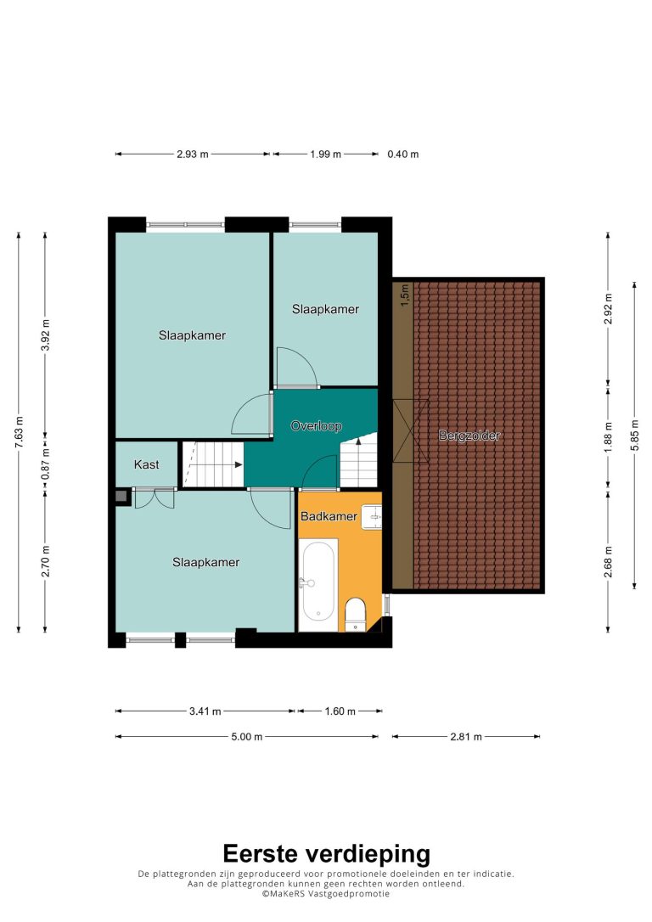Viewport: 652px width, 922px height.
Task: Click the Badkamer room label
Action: tap(329, 516)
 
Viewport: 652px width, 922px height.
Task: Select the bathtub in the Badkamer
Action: tap(318, 582)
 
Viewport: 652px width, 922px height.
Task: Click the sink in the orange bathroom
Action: tap(371, 517)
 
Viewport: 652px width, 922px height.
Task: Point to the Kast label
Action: tap(146, 464)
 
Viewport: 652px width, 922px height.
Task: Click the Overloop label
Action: tap(317, 425)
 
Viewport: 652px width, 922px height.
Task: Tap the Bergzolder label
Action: tap(469, 436)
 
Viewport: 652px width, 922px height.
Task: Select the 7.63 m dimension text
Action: tap(19, 432)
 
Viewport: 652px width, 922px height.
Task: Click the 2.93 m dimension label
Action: tap(192, 154)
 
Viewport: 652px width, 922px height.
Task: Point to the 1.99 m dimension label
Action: tap(326, 154)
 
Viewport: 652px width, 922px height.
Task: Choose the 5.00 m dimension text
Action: tap(247, 737)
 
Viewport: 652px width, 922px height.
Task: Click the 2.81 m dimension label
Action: tap(466, 737)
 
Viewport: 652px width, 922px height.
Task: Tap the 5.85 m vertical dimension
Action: tap(634, 436)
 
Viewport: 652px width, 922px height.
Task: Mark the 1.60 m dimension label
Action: tap(340, 711)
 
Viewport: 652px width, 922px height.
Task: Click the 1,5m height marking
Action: tap(404, 295)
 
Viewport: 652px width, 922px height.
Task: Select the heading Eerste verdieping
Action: tap(326, 853)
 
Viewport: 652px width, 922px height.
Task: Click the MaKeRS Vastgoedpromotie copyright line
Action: tap(326, 894)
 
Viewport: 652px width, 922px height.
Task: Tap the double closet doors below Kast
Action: tap(155, 498)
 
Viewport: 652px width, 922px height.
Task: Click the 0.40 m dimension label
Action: tap(402, 154)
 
